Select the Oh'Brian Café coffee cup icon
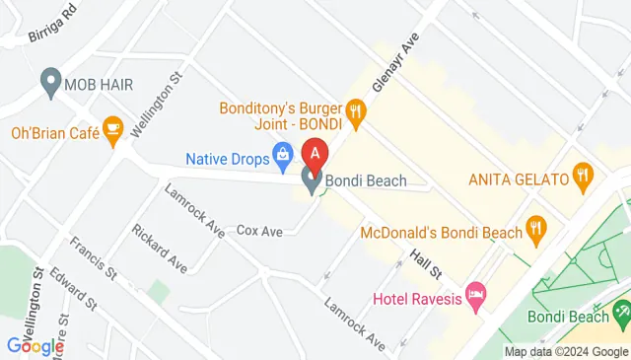(x=112, y=130)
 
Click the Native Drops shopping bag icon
(x=283, y=154)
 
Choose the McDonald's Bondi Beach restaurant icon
(x=536, y=231)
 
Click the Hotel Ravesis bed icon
(x=476, y=296)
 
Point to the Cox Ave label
(x=260, y=231)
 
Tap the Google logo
(x=35, y=345)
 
